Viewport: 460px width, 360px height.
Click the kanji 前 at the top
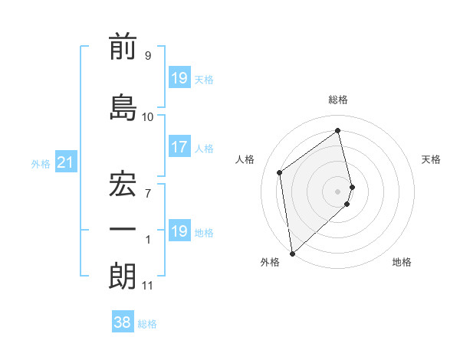click(x=123, y=47)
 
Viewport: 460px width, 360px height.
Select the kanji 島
click(x=123, y=107)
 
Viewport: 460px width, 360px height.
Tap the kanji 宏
click(x=123, y=183)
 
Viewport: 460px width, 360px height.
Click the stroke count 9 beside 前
click(x=147, y=56)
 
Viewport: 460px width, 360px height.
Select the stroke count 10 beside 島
click(x=147, y=116)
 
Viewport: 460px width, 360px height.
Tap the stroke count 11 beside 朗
click(x=147, y=286)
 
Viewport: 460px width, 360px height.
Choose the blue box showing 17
click(x=179, y=147)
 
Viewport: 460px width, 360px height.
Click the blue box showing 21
click(x=65, y=162)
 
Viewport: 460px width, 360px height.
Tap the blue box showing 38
click(x=122, y=323)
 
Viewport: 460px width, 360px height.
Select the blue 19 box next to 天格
click(x=179, y=79)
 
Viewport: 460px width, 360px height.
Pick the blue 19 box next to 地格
click(x=179, y=231)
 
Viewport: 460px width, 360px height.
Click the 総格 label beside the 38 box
click(x=147, y=324)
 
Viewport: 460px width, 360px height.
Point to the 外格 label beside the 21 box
click(x=41, y=163)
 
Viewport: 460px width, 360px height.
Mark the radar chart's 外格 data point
click(x=292, y=252)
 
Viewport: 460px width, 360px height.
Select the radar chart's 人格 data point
click(x=280, y=172)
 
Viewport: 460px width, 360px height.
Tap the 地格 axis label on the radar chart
click(x=402, y=262)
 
